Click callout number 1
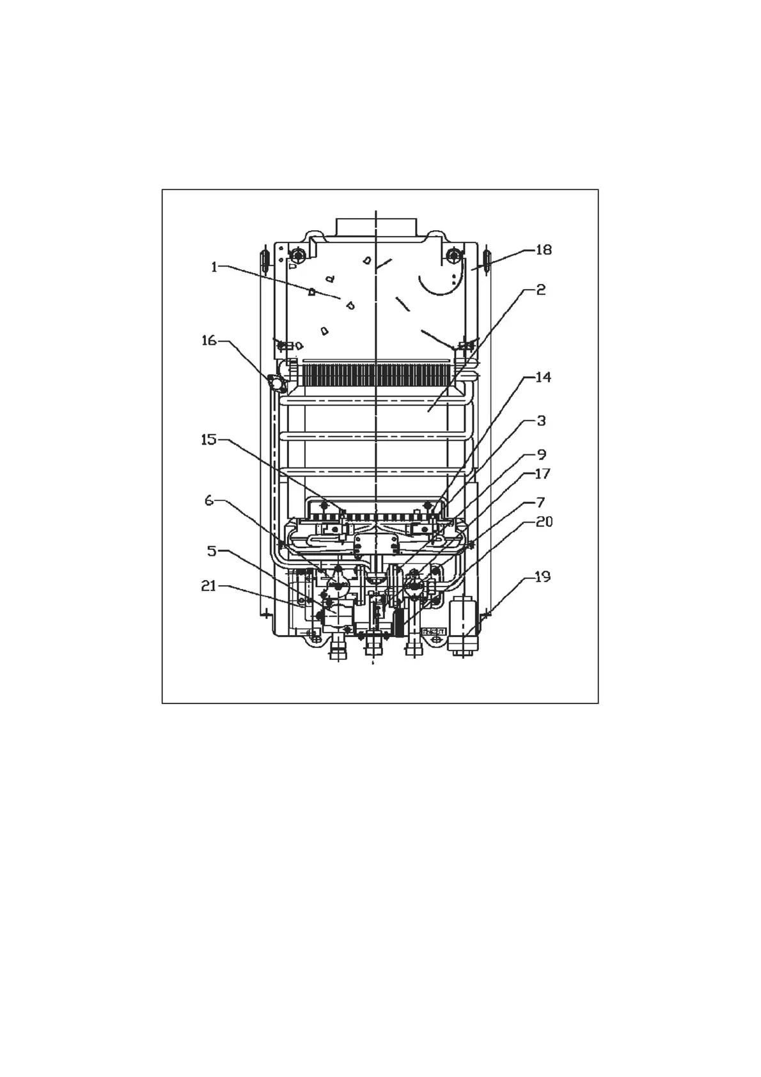pos(214,267)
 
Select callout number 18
pos(544,250)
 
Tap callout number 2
pos(541,290)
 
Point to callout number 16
pos(209,341)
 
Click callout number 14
pos(543,377)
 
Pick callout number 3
pos(541,421)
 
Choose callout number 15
pos(209,439)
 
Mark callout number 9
pos(541,454)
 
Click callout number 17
pos(543,474)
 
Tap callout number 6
pos(209,501)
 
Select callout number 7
pos(541,503)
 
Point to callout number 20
pos(544,521)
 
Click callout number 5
pos(212,551)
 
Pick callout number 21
pos(209,586)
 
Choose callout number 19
pos(543,576)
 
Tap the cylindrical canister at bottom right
pos(463,624)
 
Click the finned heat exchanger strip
pos(377,375)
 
